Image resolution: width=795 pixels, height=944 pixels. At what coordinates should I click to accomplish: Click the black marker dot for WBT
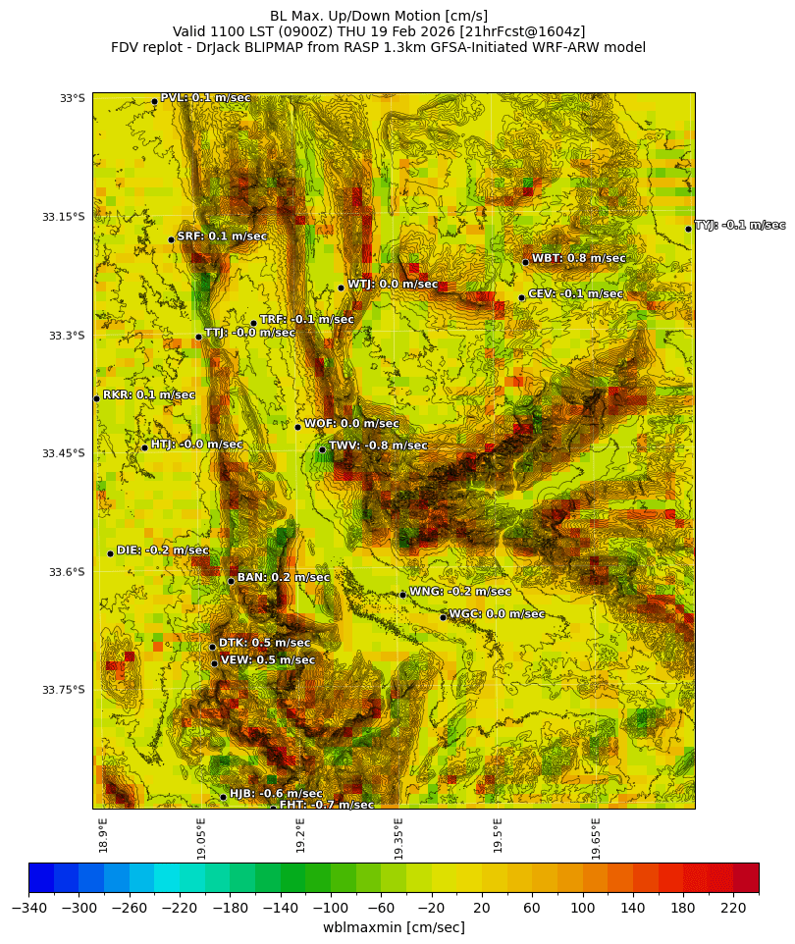pyautogui.click(x=525, y=262)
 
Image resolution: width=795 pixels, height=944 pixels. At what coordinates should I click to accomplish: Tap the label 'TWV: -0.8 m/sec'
pyautogui.click(x=378, y=446)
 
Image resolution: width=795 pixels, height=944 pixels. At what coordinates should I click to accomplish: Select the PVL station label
pyautogui.click(x=205, y=97)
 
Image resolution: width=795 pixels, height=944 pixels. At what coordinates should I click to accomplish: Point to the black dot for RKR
pyautogui.click(x=96, y=398)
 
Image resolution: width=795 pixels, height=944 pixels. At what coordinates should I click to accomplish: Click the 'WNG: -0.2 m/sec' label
pyautogui.click(x=459, y=592)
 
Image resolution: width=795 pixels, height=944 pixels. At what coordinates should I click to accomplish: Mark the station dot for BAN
pyautogui.click(x=231, y=581)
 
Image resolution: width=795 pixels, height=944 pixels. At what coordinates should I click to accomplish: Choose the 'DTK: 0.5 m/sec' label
pyautogui.click(x=264, y=643)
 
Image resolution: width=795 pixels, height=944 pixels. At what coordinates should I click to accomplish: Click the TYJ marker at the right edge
pyautogui.click(x=688, y=229)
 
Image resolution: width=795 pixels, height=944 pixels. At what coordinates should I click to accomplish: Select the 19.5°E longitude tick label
pyautogui.click(x=498, y=838)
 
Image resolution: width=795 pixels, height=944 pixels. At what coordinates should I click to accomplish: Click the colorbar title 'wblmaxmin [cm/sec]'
pyautogui.click(x=394, y=927)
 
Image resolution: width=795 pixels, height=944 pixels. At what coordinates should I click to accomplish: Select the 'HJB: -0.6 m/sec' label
pyautogui.click(x=276, y=793)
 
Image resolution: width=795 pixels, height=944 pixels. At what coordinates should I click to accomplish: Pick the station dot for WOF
pyautogui.click(x=298, y=427)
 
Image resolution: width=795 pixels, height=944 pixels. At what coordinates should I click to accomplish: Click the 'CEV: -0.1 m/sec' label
pyautogui.click(x=575, y=293)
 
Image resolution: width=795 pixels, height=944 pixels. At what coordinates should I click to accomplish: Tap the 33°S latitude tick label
pyautogui.click(x=72, y=98)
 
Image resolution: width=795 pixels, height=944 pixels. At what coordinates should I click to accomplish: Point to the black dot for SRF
pyautogui.click(x=171, y=239)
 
